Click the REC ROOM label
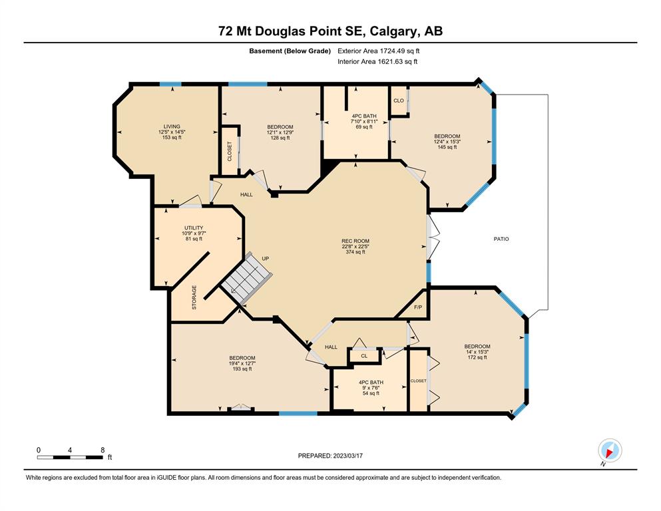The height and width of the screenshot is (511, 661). (x=355, y=241)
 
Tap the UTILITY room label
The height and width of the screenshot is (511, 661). (x=194, y=228)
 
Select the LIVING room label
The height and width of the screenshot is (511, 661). (x=172, y=126)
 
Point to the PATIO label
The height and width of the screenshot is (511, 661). (x=501, y=239)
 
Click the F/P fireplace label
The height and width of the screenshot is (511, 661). (x=418, y=307)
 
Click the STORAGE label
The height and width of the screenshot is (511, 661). (x=194, y=297)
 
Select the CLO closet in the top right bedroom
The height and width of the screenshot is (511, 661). (x=398, y=100)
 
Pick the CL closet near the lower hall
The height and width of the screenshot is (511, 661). (x=364, y=356)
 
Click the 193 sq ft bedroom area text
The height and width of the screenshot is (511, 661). (x=242, y=369)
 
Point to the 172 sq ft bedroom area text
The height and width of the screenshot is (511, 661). (x=477, y=357)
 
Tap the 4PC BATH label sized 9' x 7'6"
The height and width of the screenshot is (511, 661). (x=371, y=383)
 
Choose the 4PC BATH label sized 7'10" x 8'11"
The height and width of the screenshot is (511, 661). (x=364, y=116)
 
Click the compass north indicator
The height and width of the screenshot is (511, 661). (x=610, y=450)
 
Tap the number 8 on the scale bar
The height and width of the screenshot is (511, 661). (x=103, y=450)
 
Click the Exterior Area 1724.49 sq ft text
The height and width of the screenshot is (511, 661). (x=379, y=51)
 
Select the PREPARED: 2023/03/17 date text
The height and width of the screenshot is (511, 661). (x=330, y=456)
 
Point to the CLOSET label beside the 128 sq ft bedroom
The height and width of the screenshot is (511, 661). (x=230, y=151)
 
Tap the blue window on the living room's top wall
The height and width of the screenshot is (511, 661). (x=170, y=85)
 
